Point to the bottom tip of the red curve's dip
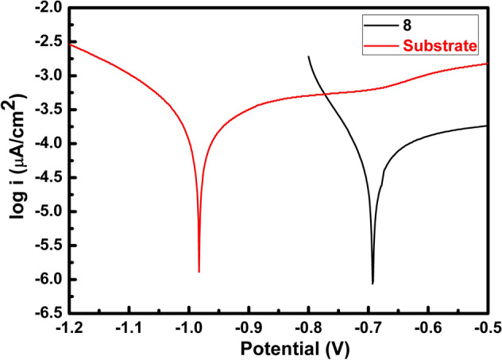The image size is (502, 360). click(x=199, y=272)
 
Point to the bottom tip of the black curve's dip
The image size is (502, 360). click(x=373, y=283)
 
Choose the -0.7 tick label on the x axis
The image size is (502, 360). click(x=368, y=328)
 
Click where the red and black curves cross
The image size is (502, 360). click(x=326, y=95)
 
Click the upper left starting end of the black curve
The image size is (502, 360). click(x=308, y=56)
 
